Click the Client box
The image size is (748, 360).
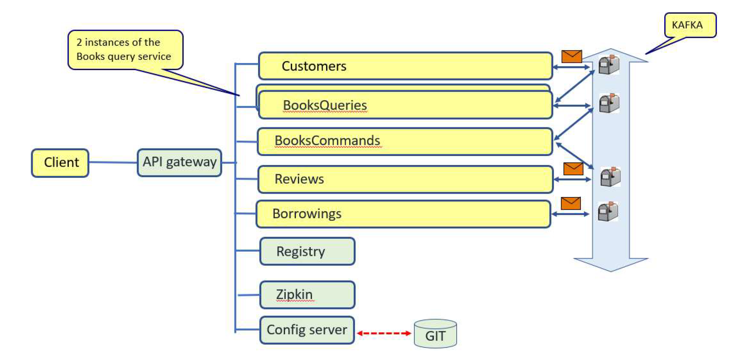60,163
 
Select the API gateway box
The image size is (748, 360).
179,162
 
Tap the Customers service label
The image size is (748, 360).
314,66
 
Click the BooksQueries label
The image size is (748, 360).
325,105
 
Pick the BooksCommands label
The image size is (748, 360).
327,141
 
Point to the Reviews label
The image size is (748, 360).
299,179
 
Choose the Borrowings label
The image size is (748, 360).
307,214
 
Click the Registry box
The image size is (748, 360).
307,251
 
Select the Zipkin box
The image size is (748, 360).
307,295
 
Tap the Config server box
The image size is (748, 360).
307,330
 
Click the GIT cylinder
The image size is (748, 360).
435,334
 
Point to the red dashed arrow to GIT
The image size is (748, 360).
384,333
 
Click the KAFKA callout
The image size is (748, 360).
690,25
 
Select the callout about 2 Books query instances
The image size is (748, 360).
125,49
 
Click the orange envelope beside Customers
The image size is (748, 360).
572,56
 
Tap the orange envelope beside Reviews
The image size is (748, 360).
573,169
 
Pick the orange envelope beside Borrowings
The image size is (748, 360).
570,203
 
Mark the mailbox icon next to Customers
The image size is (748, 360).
609,65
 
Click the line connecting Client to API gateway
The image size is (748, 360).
113,162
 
